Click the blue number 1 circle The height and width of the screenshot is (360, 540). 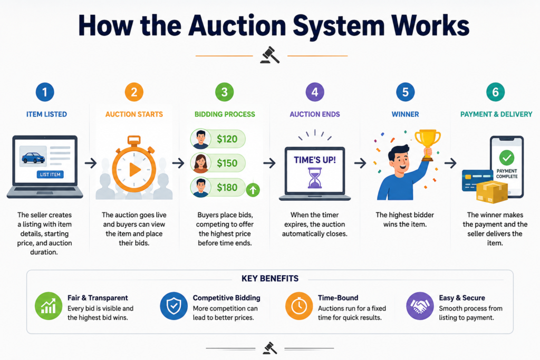[45, 92]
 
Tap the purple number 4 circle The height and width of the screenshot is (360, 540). [315, 92]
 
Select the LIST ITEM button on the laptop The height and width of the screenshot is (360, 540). [50, 174]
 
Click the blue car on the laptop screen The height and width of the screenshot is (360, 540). [33, 157]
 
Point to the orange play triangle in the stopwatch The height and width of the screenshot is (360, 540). [134, 170]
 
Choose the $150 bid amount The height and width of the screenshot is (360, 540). [227, 163]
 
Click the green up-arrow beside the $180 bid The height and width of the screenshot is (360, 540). [253, 190]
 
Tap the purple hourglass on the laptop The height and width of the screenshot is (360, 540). [315, 178]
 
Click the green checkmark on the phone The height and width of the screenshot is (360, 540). [507, 158]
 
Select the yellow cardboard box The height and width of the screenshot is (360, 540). [492, 192]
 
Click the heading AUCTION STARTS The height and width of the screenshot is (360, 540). [134, 114]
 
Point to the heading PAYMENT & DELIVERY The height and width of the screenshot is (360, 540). [496, 114]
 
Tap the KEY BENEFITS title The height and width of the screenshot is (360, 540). [270, 278]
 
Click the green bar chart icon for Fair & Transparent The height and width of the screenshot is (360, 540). [49, 306]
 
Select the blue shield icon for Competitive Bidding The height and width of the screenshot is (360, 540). [173, 306]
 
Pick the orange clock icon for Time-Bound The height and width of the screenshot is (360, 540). [299, 306]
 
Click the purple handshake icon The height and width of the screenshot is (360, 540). [420, 306]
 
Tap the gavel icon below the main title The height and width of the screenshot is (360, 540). [270, 55]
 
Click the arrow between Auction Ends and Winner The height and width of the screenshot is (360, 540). [360, 163]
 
